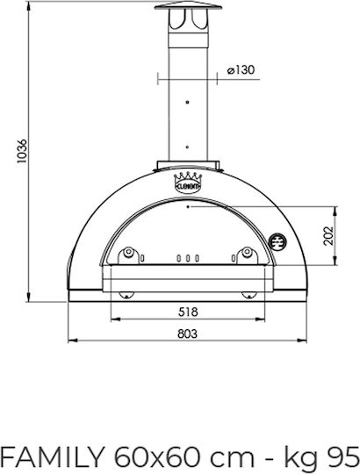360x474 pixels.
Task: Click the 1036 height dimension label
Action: point(22,151)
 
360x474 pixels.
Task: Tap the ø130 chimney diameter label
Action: point(241,70)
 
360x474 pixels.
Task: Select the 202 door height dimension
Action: point(328,236)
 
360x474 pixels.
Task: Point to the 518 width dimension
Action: point(188,312)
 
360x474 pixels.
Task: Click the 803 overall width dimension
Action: point(187,334)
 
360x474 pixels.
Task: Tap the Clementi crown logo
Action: point(188,183)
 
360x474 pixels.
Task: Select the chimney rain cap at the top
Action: point(188,6)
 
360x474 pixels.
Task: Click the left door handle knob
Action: point(129,252)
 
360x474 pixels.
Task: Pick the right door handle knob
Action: point(247,252)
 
